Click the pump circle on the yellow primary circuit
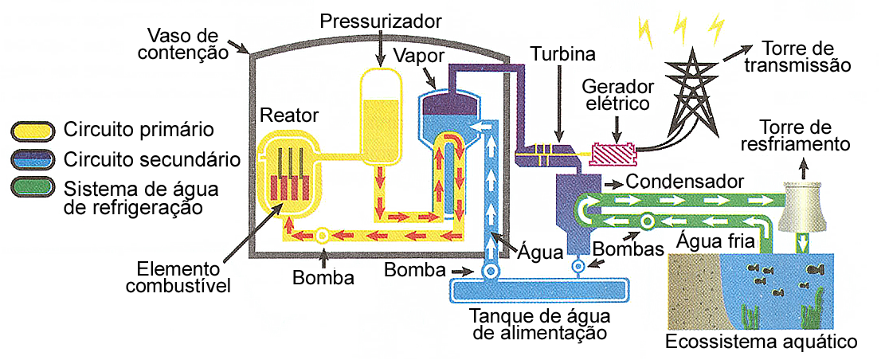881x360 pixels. [323, 236]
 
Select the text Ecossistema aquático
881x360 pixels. [762, 342]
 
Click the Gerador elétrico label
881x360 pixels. [618, 94]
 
